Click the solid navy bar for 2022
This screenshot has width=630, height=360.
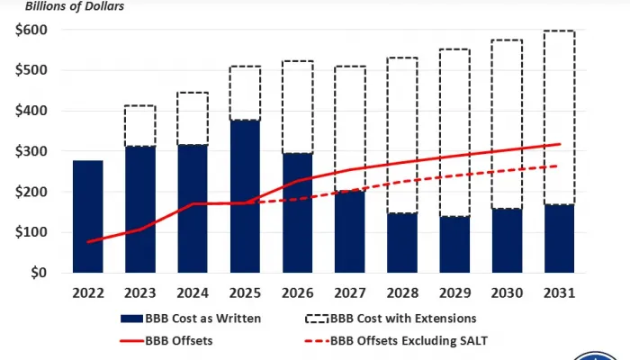[87, 216]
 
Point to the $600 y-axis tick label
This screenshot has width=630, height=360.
[31, 30]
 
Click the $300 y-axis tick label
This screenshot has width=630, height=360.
[31, 151]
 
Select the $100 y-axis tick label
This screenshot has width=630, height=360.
[31, 232]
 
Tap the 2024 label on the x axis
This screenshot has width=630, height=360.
[193, 292]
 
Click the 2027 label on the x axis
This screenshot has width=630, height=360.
[349, 292]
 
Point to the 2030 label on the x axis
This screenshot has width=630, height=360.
[507, 292]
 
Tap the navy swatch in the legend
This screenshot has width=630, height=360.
[130, 318]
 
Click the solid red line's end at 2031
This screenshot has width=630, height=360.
[560, 144]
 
